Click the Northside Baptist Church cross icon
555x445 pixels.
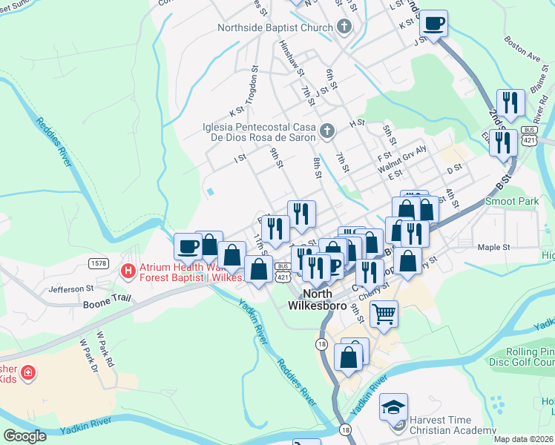pos(343,28)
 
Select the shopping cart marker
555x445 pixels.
pos(384,314)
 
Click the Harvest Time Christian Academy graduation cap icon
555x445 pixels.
pos(393,406)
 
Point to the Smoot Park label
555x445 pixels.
pos(511,201)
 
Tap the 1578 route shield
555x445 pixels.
pos(98,263)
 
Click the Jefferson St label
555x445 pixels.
pos(71,288)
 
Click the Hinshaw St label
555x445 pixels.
pos(290,58)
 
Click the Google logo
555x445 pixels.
pos(24,436)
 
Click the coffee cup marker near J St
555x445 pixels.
pos(433,23)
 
